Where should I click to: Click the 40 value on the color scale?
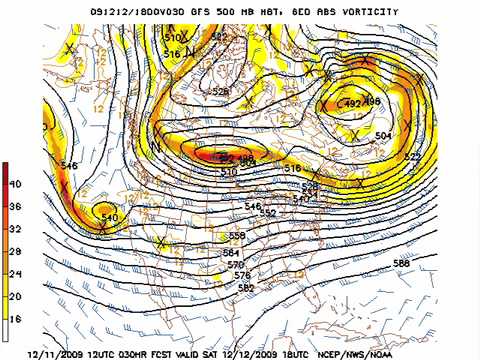pyautogui.click(x=16, y=184)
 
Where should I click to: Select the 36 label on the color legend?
pyautogui.click(x=16, y=206)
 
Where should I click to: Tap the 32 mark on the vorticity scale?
pyautogui.click(x=16, y=229)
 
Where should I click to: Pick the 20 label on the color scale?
pyautogui.click(x=16, y=296)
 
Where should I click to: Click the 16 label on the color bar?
pyautogui.click(x=16, y=319)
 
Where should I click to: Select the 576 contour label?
pyautogui.click(x=241, y=275)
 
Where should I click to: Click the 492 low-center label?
pyautogui.click(x=353, y=103)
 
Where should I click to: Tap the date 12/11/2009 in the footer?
pyautogui.click(x=62, y=353)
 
